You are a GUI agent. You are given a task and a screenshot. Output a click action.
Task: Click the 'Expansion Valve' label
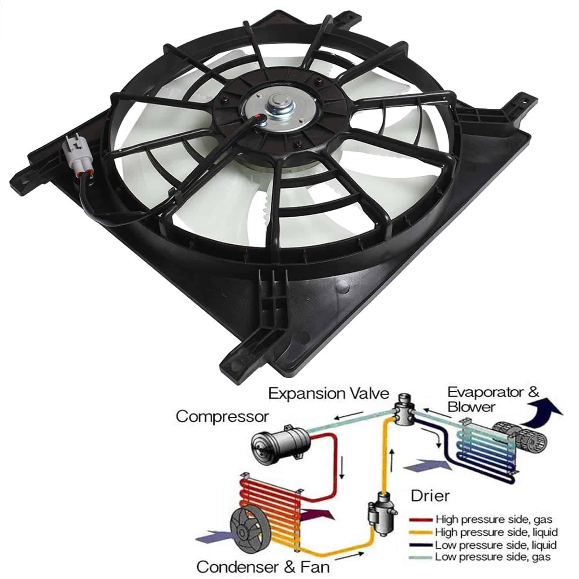click(x=329, y=394)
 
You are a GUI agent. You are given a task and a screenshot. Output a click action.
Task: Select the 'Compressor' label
click(x=223, y=416)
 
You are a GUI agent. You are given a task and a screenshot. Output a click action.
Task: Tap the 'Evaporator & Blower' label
click(x=493, y=399)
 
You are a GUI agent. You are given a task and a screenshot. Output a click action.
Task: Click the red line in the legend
click(x=421, y=519)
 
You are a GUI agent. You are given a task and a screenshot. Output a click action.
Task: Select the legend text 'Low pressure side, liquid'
click(x=496, y=545)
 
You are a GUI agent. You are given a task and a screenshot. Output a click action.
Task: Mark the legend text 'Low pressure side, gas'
click(x=493, y=557)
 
